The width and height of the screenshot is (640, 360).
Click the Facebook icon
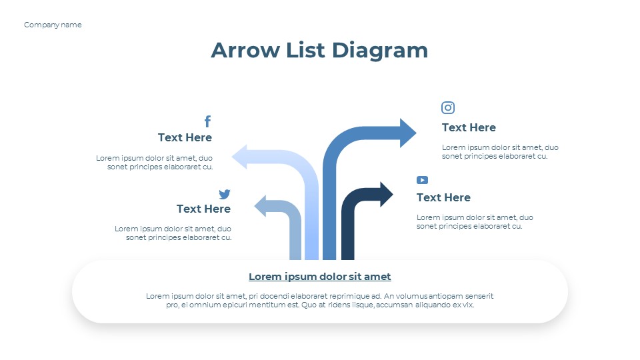pos(208,121)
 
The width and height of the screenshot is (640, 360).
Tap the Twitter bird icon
pos(225,194)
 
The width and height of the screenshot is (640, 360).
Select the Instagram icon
pos(448,107)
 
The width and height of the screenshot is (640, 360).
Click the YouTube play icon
pos(422,180)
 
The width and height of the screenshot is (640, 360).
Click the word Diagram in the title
pos(379,51)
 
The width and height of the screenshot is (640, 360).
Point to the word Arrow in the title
pos(245,50)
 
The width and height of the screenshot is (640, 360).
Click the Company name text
pos(53,25)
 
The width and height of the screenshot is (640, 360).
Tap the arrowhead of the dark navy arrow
pos(386,194)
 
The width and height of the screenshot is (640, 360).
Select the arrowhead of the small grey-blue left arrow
pos(260,206)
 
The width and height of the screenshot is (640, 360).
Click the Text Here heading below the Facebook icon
pos(185,137)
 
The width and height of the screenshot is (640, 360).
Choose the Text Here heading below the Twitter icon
pos(203,209)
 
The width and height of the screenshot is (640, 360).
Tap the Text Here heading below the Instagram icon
pos(469,128)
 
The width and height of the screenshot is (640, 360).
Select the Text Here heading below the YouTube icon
pos(443,197)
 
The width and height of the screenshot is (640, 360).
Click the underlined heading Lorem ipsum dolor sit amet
pos(319,277)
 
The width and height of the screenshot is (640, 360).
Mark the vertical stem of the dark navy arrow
pos(348,233)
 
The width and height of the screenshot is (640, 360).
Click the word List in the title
pos(306,50)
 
